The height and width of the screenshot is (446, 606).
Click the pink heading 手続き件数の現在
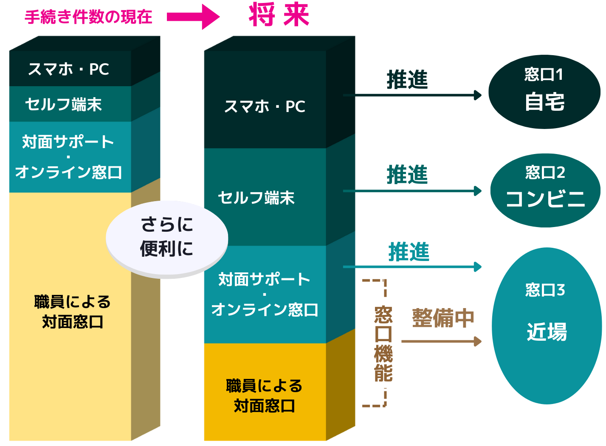point(88,17)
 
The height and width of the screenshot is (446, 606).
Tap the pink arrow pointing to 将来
point(193,17)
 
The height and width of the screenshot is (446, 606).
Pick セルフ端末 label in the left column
point(64,104)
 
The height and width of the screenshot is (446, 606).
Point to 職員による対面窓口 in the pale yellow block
point(73,312)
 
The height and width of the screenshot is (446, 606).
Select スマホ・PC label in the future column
point(265,107)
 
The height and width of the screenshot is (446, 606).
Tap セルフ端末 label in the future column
point(256,198)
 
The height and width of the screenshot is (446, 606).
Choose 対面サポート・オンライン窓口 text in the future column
point(265,295)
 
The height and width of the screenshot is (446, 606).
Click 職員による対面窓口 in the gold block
point(264,396)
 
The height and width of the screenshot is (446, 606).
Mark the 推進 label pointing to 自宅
point(407,80)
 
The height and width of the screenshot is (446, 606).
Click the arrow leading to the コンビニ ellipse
point(412,191)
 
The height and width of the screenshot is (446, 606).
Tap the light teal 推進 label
point(409,252)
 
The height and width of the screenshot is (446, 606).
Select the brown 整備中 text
point(443,318)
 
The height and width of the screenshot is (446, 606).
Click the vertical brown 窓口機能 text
point(383,344)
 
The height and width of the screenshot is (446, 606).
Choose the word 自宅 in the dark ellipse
point(545,102)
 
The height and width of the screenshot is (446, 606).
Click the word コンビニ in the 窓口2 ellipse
point(546,199)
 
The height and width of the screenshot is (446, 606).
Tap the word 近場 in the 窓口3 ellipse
point(547,332)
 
